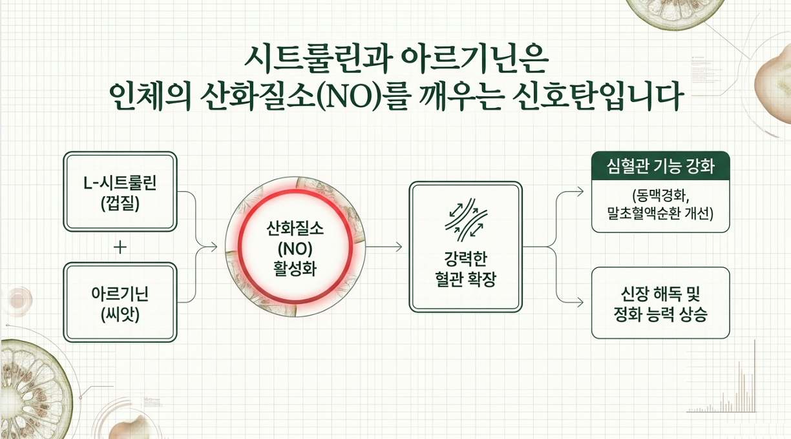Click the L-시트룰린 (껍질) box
pos(120,192)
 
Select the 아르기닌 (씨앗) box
pos(120,302)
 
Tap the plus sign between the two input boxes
pos(120,247)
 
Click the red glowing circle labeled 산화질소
pos(295,247)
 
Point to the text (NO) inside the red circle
pos(295,249)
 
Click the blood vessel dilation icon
pos(466,219)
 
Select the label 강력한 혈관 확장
pos(466,269)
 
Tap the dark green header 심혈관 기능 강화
pos(660,166)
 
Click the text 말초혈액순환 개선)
pos(660,214)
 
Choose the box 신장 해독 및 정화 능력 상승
pos(660,303)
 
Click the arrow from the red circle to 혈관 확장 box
pos(384,247)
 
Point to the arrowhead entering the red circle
pos(214,247)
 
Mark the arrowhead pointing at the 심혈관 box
pos(580,192)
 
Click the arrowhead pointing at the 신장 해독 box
pos(580,302)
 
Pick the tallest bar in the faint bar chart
pos(755,376)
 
